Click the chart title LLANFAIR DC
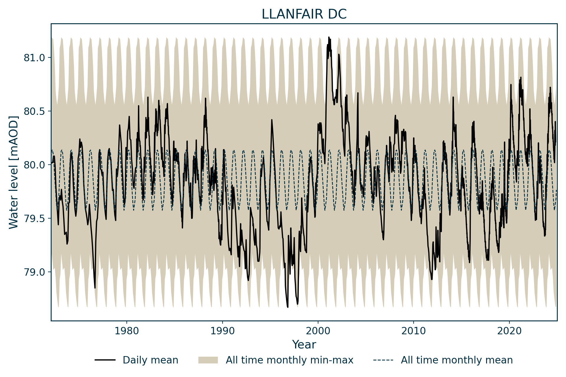pyautogui.click(x=304, y=14)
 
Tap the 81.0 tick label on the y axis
pyautogui.click(x=34, y=58)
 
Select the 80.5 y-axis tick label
pyautogui.click(x=34, y=111)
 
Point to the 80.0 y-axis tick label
pyautogui.click(x=34, y=165)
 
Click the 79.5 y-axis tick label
pyautogui.click(x=34, y=219)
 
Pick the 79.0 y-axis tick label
pyautogui.click(x=34, y=272)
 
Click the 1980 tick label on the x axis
pyautogui.click(x=126, y=331)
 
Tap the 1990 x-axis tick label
pyautogui.click(x=222, y=331)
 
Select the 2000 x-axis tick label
pyautogui.click(x=318, y=331)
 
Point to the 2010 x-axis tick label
pyautogui.click(x=414, y=331)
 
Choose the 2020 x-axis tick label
pyautogui.click(x=509, y=331)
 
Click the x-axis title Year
pyautogui.click(x=304, y=345)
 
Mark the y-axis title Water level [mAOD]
pyautogui.click(x=14, y=172)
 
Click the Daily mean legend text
pyautogui.click(x=150, y=360)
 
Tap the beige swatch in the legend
pyautogui.click(x=208, y=360)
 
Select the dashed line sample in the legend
pyautogui.click(x=383, y=360)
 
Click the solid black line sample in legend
pyautogui.click(x=105, y=360)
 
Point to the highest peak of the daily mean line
pyautogui.click(x=329, y=37)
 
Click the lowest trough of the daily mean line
pyautogui.click(x=287, y=307)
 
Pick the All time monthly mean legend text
pyautogui.click(x=457, y=360)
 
